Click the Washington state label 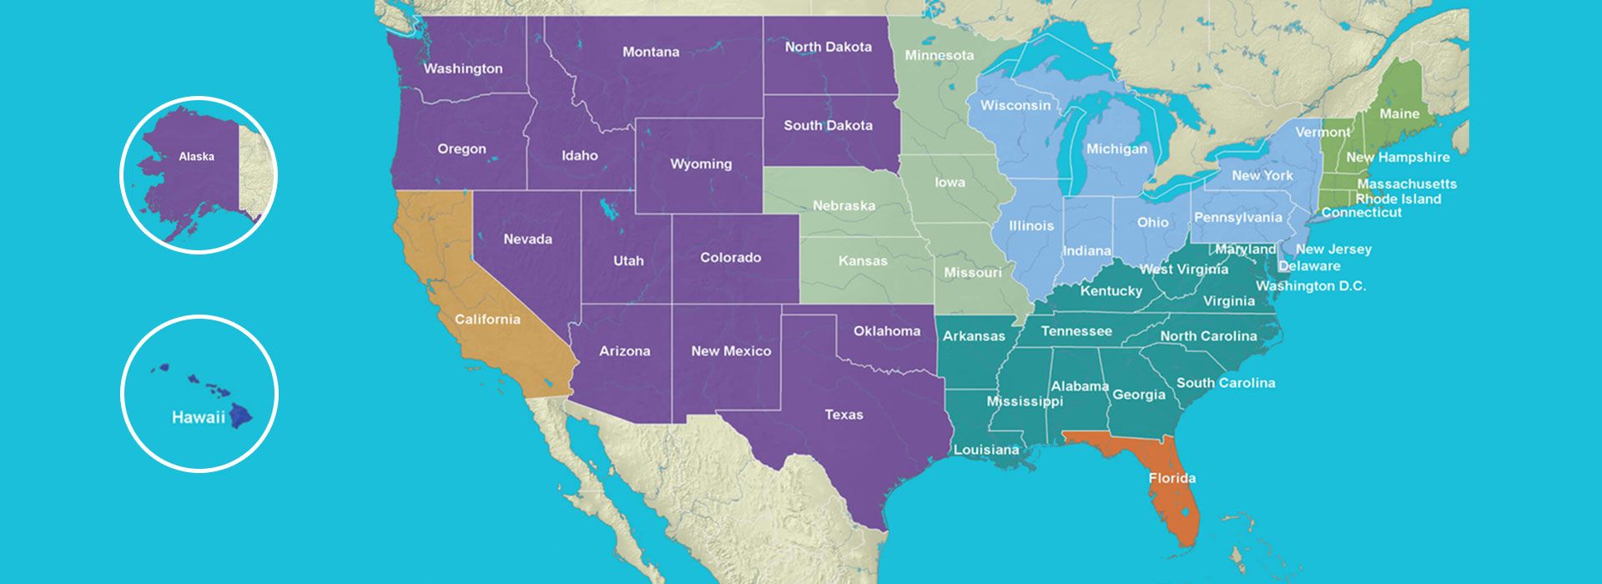(x=463, y=68)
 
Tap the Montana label (x=651, y=52)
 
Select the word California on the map (x=487, y=319)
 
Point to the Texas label (x=844, y=414)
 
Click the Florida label (x=1171, y=478)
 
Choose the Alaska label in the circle (x=196, y=156)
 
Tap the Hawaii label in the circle (x=198, y=417)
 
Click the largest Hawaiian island (x=241, y=414)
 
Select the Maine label (x=1399, y=113)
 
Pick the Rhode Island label (x=1398, y=199)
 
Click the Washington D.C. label (x=1311, y=285)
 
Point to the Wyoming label (x=701, y=164)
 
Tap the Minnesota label (x=939, y=55)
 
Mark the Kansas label (x=863, y=260)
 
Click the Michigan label (x=1116, y=149)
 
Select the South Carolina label (x=1225, y=382)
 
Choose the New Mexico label (x=730, y=350)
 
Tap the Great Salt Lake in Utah (x=608, y=208)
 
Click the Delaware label (x=1309, y=266)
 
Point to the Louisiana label (x=985, y=449)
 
